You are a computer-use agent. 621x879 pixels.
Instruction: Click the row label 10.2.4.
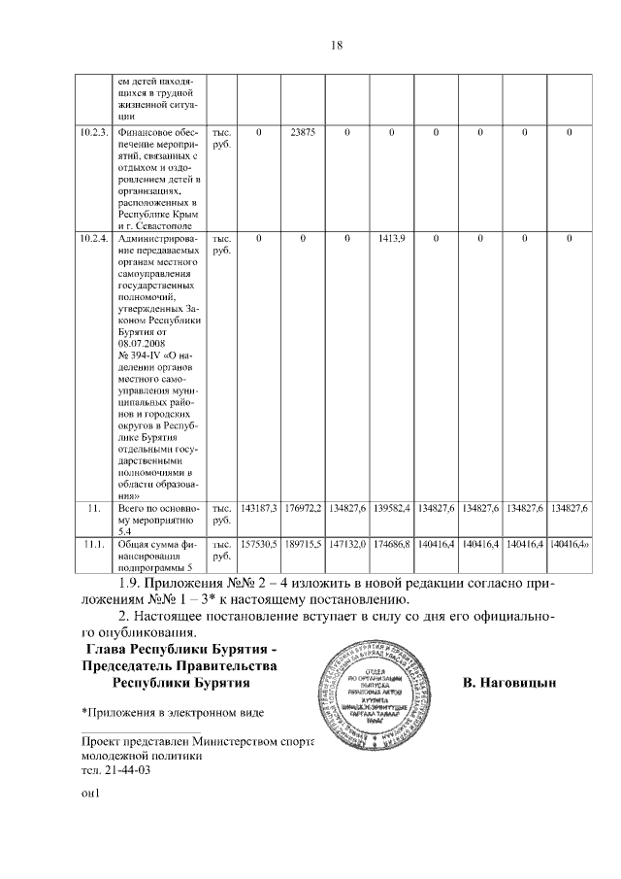tap(94, 237)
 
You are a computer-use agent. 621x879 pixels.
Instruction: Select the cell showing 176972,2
tap(303, 507)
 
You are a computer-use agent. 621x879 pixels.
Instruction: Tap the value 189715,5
tap(303, 545)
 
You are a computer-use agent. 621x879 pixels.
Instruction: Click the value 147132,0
tap(347, 545)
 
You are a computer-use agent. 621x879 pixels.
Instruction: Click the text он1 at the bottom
tap(92, 792)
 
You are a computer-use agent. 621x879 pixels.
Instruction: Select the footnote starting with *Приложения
tap(172, 714)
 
